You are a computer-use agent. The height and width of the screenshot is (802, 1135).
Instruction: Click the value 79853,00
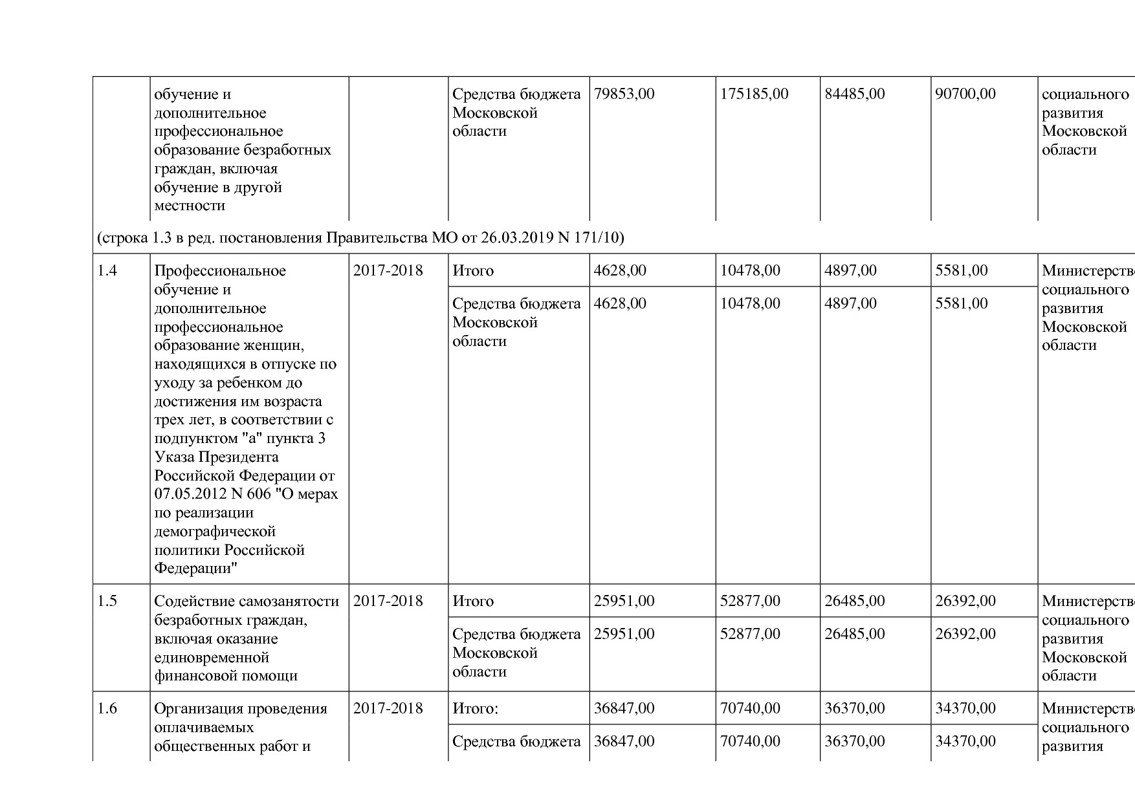tap(624, 94)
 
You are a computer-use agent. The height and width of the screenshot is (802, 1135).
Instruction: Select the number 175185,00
tap(754, 94)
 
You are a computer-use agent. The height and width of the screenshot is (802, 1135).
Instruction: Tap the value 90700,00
tap(965, 94)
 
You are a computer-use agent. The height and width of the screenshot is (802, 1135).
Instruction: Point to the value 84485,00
tap(854, 94)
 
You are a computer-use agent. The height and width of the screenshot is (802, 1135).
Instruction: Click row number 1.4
tap(107, 271)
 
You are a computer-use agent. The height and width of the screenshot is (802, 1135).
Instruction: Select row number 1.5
tap(107, 601)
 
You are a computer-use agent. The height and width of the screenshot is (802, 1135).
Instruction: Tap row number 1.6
tap(107, 709)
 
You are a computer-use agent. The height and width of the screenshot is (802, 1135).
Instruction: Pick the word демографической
tap(215, 532)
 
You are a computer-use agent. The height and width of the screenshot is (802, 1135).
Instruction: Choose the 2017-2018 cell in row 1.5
tap(388, 601)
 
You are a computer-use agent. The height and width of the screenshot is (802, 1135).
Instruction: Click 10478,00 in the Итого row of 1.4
tap(750, 271)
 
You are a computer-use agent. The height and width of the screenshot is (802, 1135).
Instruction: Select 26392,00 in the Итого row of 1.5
tap(965, 601)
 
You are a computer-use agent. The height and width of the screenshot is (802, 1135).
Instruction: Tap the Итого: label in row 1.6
tap(476, 709)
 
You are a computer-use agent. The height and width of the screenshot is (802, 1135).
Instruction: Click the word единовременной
tap(212, 658)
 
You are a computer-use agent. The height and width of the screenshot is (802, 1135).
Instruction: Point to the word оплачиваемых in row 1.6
tap(204, 728)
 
